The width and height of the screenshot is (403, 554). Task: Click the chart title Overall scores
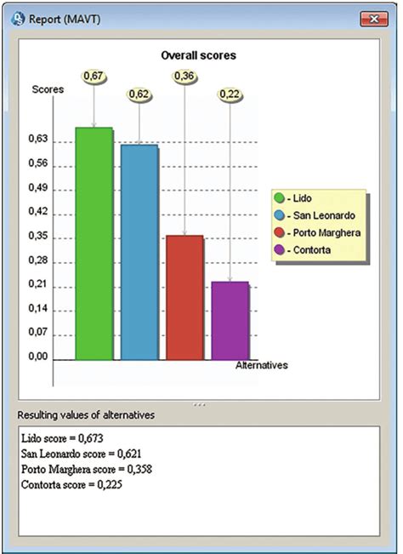tap(199, 55)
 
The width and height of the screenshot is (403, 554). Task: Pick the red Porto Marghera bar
tap(184, 297)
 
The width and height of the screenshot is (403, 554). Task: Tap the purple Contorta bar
tap(230, 320)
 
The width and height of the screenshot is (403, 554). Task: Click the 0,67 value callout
tap(93, 77)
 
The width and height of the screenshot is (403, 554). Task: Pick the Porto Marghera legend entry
tap(318, 233)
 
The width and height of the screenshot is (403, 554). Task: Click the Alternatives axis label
tap(261, 365)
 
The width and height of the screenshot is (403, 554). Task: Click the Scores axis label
tap(47, 89)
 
